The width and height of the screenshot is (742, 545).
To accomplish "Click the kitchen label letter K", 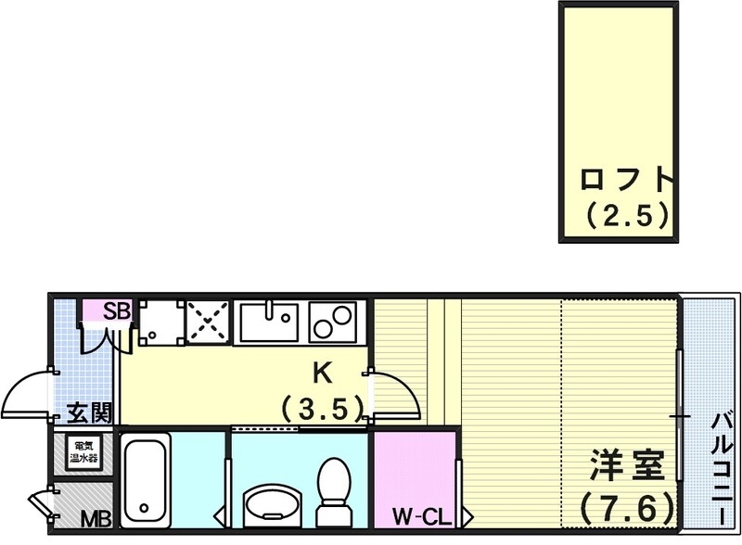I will coord(321,373).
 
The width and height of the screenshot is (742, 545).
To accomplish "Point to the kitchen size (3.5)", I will coord(321,407).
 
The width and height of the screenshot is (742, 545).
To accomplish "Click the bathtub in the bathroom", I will coord(147,481).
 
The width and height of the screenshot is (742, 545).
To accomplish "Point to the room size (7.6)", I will coord(627,507).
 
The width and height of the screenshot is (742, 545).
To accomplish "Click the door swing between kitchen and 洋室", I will coord(394,394).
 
